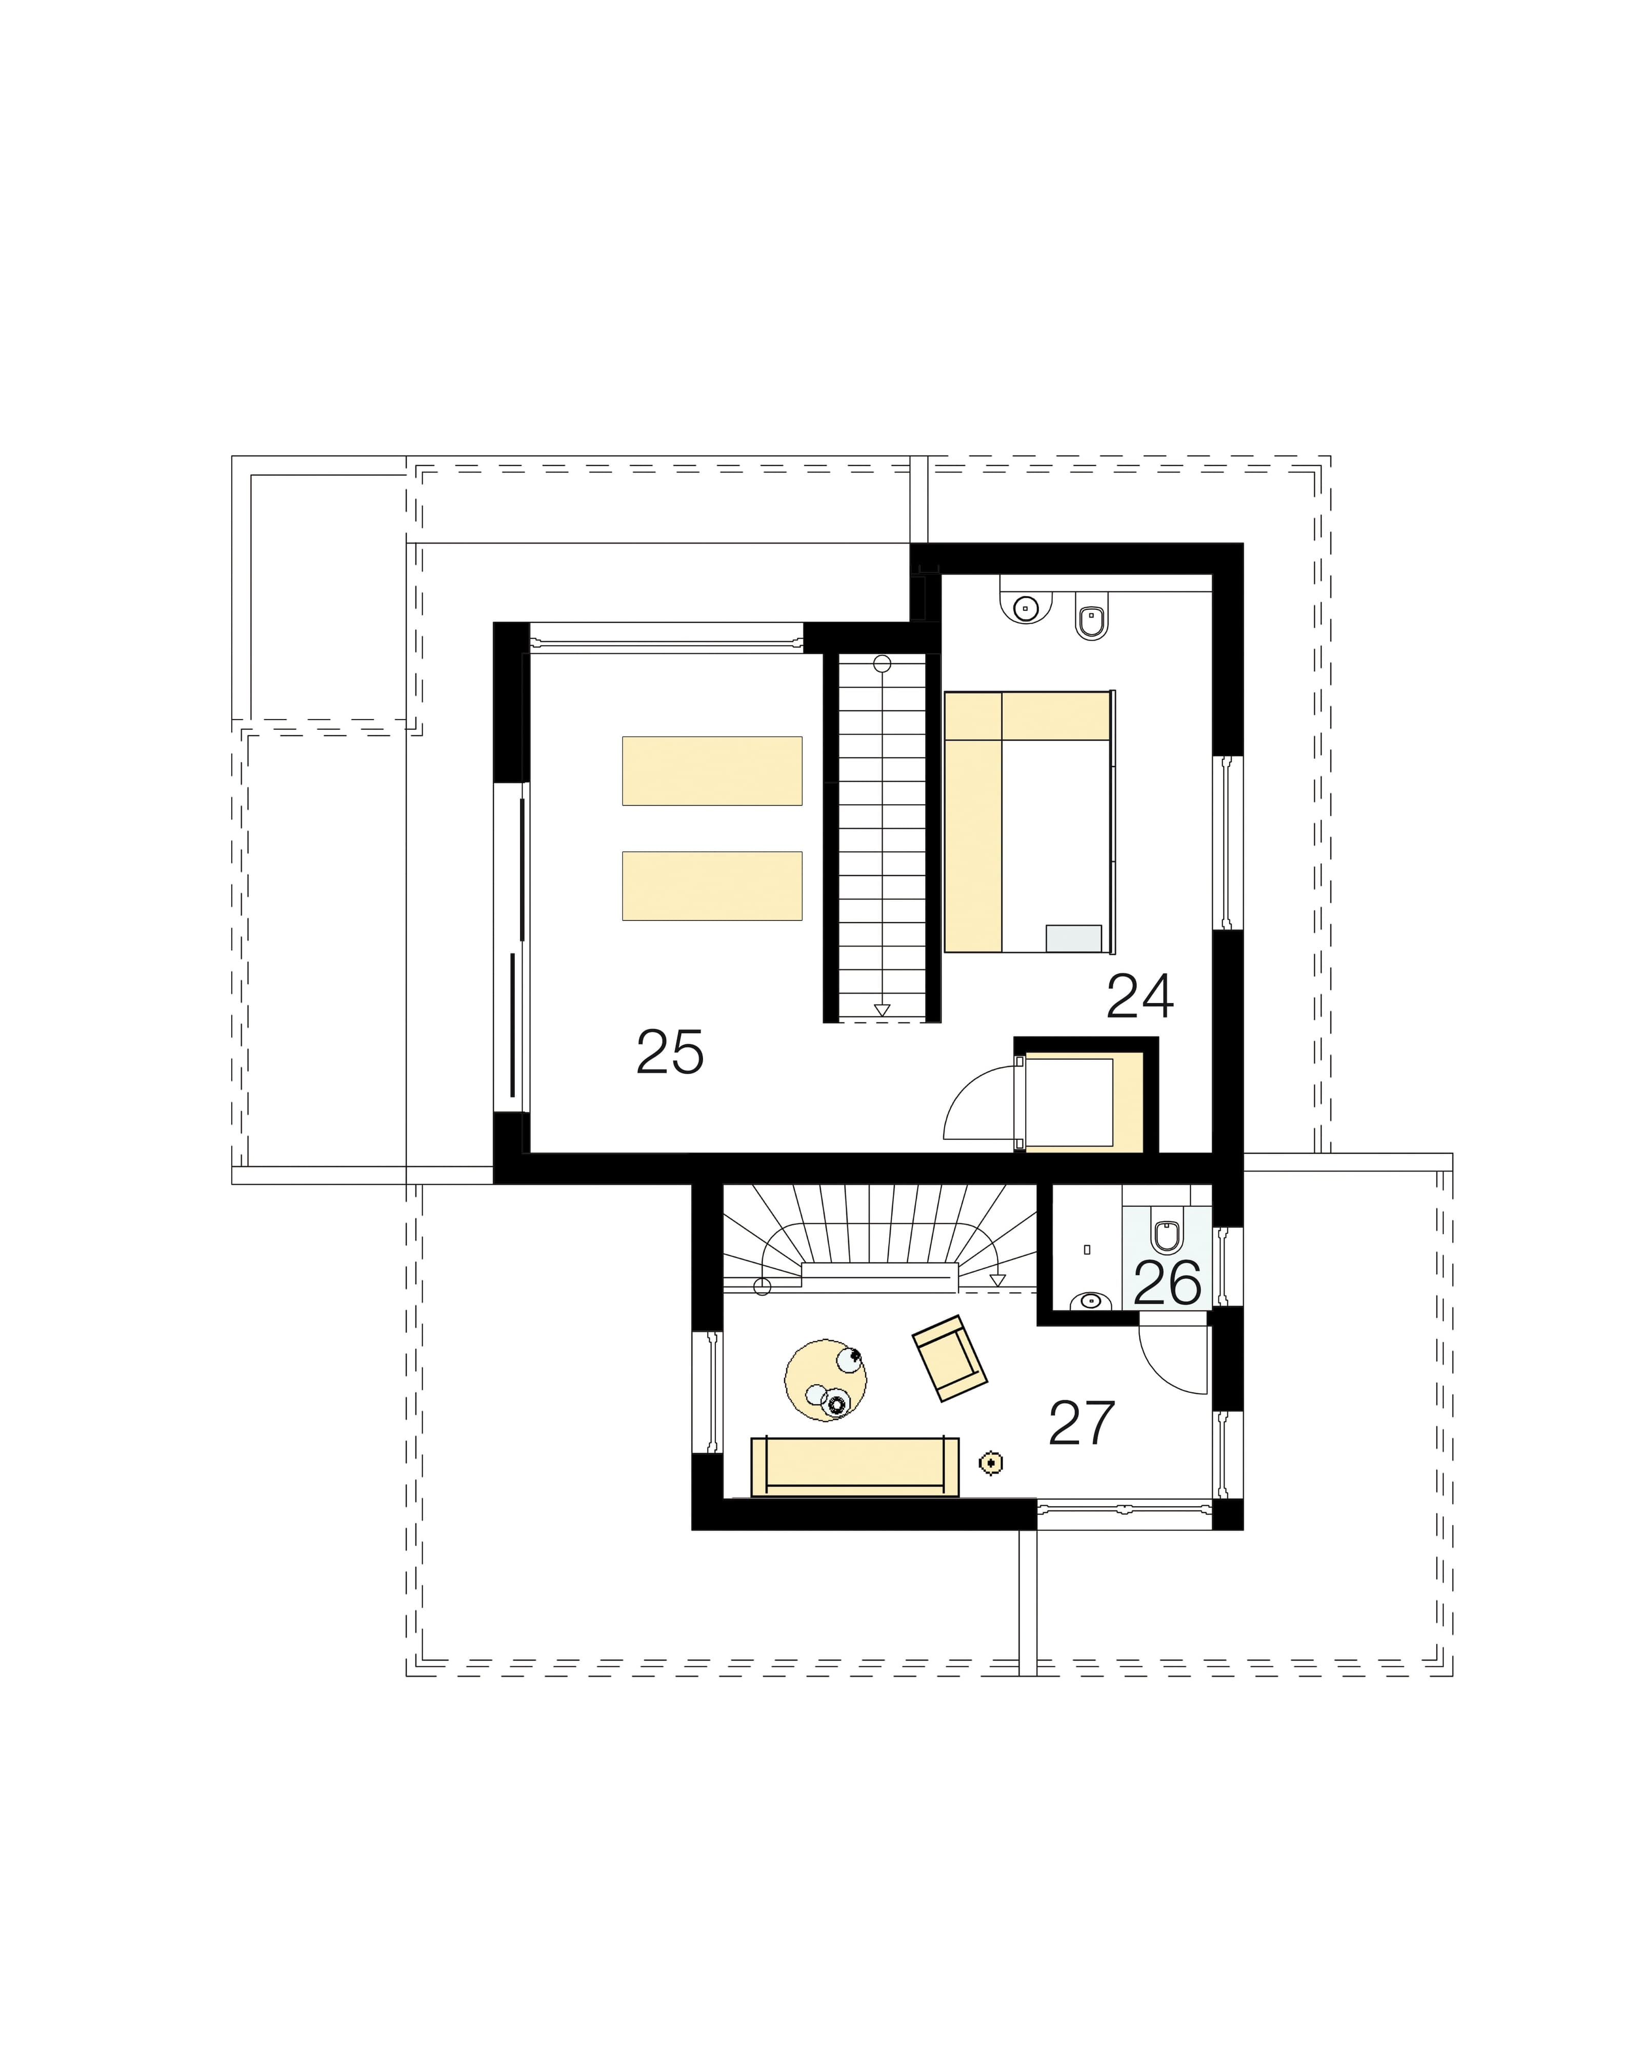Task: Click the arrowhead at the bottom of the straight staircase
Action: (882, 1010)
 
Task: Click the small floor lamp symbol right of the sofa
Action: (991, 1464)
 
